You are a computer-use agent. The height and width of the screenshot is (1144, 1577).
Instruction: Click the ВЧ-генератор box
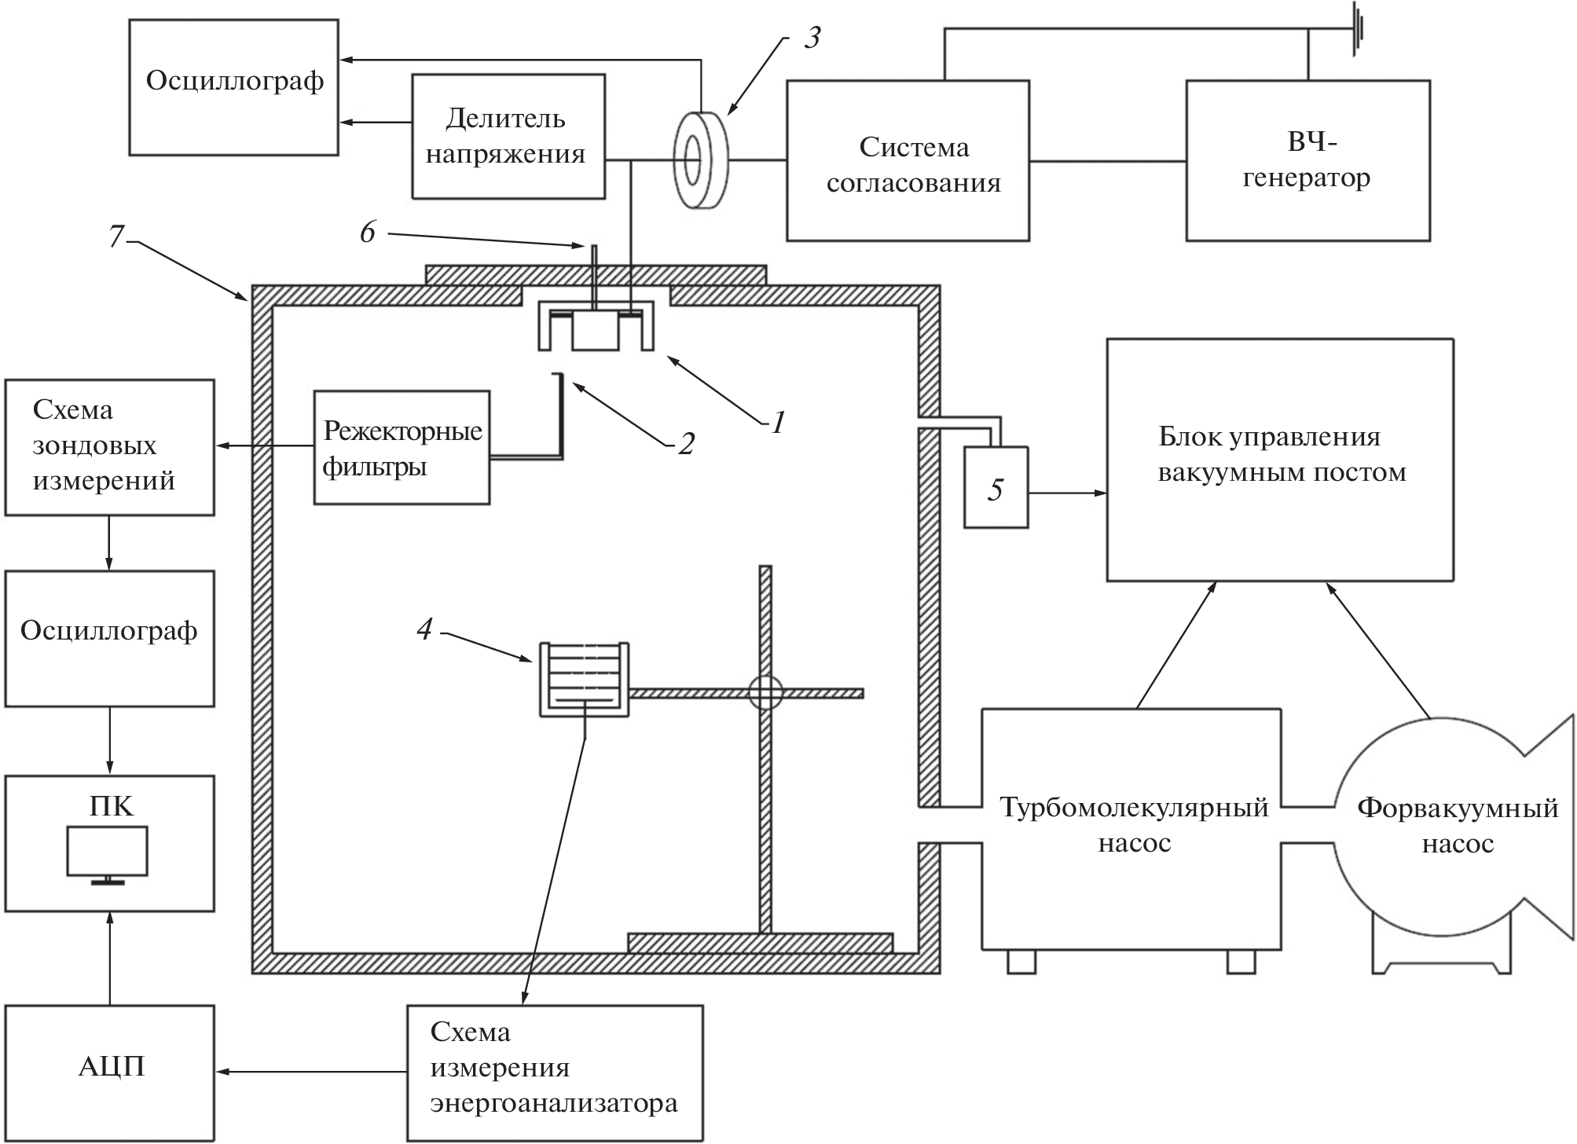[x=1307, y=160]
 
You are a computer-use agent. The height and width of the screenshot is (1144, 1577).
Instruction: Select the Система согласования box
[x=908, y=160]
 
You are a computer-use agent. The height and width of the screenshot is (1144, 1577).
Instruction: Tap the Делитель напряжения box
[x=508, y=136]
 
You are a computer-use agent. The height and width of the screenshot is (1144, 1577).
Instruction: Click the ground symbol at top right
[x=1356, y=29]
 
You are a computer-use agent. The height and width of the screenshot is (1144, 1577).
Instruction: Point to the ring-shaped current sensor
[x=699, y=159]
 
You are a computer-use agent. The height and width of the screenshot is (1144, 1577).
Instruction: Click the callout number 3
[x=812, y=38]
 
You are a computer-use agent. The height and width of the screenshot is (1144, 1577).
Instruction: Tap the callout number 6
[x=368, y=232]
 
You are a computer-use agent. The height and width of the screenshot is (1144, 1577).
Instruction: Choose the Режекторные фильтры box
[x=402, y=448]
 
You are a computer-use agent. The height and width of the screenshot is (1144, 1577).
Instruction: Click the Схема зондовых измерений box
[x=109, y=447]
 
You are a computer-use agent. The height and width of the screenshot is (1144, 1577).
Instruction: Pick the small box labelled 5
[x=996, y=488]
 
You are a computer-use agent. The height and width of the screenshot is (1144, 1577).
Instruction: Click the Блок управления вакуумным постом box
[x=1279, y=460]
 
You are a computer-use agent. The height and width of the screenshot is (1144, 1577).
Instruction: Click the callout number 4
[x=424, y=628]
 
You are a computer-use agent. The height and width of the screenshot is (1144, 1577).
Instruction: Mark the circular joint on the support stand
[x=765, y=693]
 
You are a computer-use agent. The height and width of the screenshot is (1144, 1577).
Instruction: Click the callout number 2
[x=686, y=444]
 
